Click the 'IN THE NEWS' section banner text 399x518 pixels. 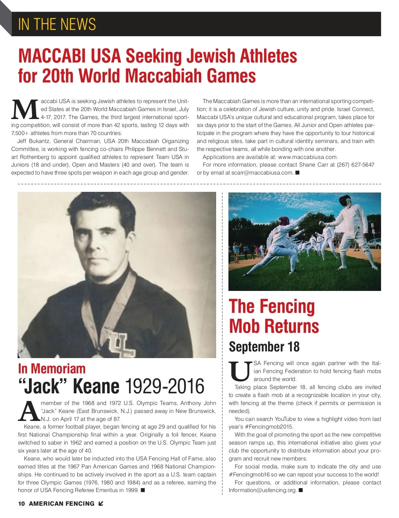tap(57, 24)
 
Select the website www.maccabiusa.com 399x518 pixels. tap(308, 157)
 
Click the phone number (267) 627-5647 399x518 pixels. tap(355, 165)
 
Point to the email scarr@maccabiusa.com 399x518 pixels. tap(262, 173)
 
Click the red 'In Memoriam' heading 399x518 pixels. tap(52, 369)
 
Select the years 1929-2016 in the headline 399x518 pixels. tap(165, 386)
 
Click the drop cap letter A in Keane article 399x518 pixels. tap(29, 412)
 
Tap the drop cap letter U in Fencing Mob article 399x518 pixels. tap(240, 371)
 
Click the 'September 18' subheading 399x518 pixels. tap(264, 347)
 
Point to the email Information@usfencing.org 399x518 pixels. tap(262, 490)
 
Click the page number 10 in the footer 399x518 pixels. tap(21, 504)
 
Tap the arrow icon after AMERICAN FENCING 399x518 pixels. tap(101, 504)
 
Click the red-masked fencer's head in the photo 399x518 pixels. tap(285, 221)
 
